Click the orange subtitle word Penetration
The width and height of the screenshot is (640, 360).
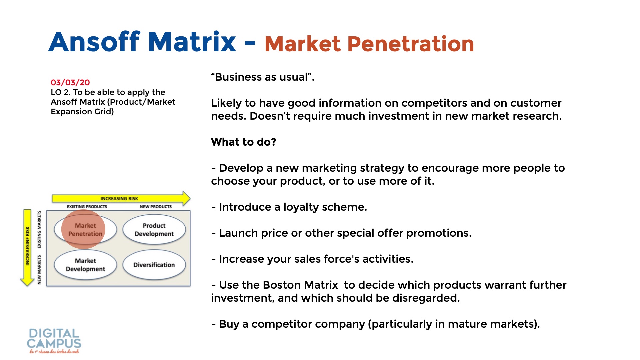point(411,44)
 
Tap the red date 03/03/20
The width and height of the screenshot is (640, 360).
point(70,82)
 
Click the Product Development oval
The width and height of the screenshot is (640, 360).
point(154,230)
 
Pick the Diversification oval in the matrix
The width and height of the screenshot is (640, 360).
point(154,265)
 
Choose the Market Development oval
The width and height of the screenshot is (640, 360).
point(85,265)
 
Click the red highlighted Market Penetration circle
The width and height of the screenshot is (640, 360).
point(83,229)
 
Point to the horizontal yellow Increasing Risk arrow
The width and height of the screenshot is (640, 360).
point(121,198)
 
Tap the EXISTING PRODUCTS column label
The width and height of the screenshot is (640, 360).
point(87,207)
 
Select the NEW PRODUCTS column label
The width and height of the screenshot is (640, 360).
point(156,207)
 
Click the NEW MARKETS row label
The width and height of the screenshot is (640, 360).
point(39,270)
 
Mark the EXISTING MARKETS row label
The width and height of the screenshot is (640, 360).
point(39,229)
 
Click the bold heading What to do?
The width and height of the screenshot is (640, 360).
point(244,142)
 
